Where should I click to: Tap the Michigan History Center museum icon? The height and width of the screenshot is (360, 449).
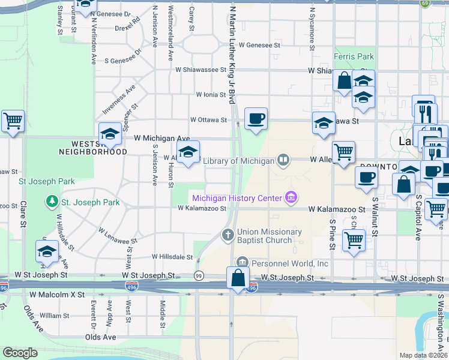pos(292,197)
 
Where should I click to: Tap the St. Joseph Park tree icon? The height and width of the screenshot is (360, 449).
pos(53,200)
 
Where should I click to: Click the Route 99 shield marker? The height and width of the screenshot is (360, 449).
pos(198,275)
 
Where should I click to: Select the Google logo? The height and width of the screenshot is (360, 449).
pos(20,352)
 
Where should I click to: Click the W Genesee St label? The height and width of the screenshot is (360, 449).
pos(259,45)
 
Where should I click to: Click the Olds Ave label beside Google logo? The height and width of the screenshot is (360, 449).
pos(100,337)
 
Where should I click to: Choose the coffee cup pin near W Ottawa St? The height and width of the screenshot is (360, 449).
pos(256,118)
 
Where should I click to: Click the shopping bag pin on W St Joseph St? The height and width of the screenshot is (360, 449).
pos(238,278)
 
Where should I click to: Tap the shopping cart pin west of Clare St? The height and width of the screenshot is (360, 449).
pos(13,121)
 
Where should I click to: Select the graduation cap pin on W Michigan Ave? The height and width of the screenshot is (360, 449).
pos(110,134)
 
